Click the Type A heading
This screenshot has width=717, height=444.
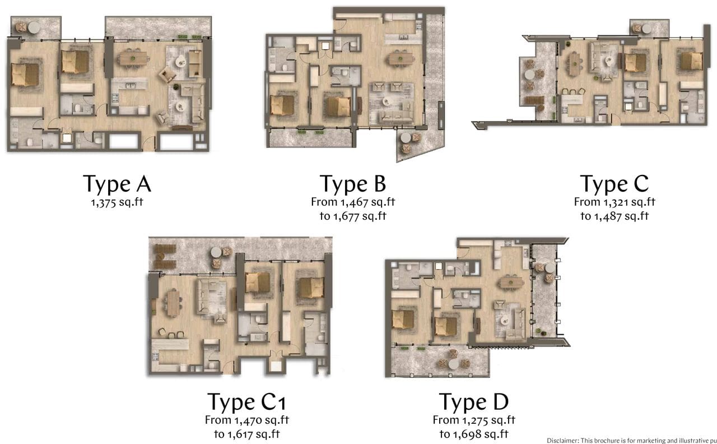[117, 183]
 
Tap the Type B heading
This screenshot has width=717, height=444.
[353, 183]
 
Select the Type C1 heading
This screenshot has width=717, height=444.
[246, 401]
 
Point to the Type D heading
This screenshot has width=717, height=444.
[473, 401]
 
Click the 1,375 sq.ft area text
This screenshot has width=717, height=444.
[117, 202]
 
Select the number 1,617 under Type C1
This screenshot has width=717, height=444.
[240, 434]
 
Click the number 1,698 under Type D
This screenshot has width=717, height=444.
[468, 434]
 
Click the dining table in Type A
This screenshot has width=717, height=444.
[133, 58]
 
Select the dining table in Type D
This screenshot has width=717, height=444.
[511, 282]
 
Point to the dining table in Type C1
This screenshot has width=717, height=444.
[174, 303]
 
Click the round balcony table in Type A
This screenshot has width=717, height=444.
[34, 28]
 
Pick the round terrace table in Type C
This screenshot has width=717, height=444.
[529, 75]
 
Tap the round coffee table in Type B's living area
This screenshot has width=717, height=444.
[387, 101]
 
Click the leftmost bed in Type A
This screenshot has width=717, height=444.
[25, 75]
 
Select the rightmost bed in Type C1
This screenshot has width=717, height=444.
[311, 288]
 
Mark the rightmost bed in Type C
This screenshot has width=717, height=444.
[691, 61]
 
